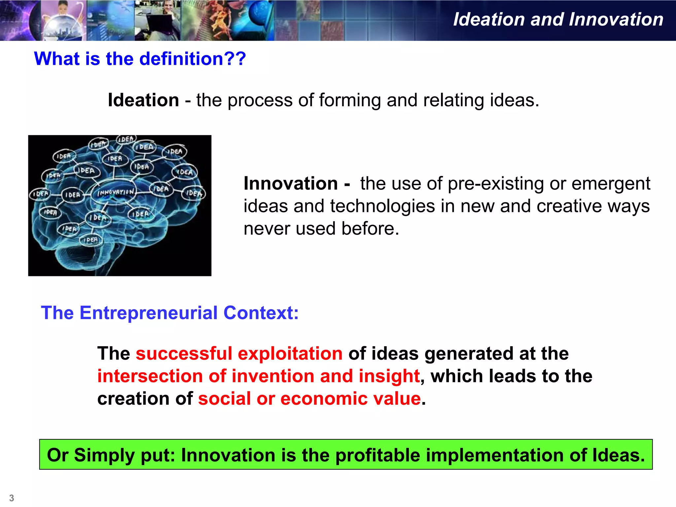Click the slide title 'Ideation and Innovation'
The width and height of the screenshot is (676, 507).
pos(558,19)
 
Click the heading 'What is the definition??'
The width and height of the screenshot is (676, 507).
pos(140,59)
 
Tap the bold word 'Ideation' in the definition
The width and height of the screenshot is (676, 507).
pos(143,100)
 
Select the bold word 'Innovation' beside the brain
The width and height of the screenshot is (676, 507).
pos(290,184)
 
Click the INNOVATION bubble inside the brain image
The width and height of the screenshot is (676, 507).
pos(116,192)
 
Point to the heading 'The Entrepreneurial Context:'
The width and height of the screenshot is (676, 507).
pos(170,313)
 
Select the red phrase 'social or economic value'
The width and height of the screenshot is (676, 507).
pos(309,399)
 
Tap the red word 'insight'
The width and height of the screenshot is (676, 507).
pos(389,376)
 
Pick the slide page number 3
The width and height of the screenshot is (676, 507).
pos(12,498)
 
